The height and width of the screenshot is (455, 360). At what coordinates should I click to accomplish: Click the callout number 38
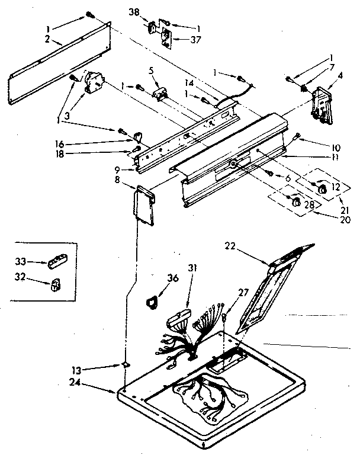[x=135, y=12]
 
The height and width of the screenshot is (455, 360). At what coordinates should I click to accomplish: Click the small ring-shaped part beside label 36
[x=151, y=303]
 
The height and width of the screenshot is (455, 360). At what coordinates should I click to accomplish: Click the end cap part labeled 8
[x=144, y=204]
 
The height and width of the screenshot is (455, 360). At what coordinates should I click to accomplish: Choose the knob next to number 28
[x=294, y=203]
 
